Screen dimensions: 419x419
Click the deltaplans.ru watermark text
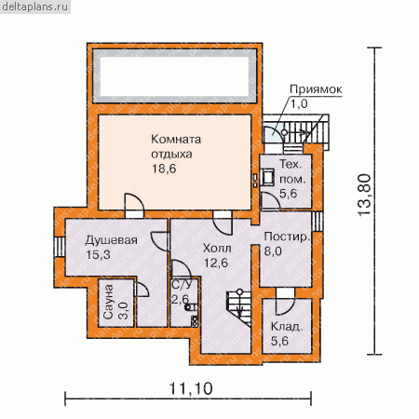[34, 7]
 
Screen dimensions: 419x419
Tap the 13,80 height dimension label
[364, 195]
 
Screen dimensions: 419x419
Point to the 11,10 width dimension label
[191, 388]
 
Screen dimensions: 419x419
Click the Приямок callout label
[316, 89]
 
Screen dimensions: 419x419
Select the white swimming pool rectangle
[174, 76]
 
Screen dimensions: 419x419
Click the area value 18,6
[164, 169]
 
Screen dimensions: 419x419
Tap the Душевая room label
[111, 240]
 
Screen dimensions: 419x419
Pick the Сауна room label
[108, 302]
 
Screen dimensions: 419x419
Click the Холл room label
[217, 249]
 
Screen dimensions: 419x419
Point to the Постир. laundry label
[287, 237]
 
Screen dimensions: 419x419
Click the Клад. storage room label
[286, 327]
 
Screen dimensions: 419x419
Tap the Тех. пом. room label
[291, 171]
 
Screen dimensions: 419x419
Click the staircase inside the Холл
[239, 307]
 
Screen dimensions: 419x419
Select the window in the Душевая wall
[60, 247]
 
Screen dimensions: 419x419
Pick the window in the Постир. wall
[317, 222]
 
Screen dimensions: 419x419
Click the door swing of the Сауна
[142, 290]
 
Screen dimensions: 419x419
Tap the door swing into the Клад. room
[284, 305]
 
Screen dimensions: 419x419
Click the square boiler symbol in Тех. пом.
[267, 177]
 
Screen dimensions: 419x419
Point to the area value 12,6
[216, 263]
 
